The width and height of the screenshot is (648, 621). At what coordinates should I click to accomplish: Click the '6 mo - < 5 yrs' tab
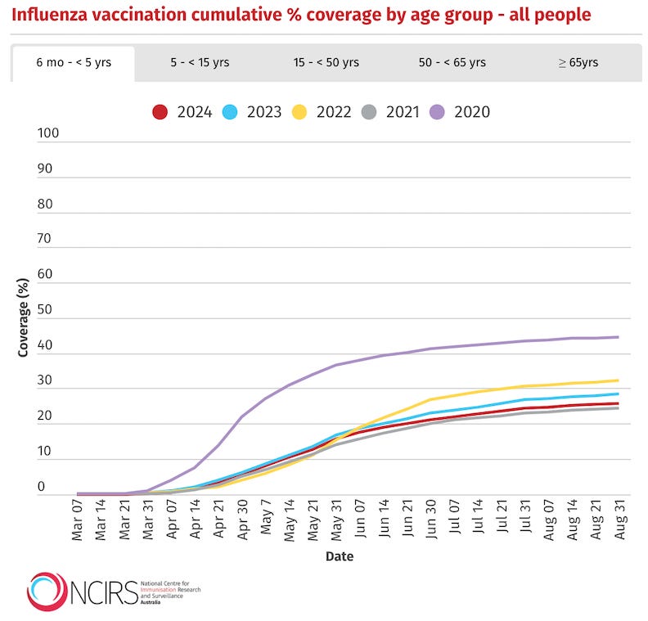pos(73,63)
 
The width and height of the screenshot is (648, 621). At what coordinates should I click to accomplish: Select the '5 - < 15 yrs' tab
pos(200,63)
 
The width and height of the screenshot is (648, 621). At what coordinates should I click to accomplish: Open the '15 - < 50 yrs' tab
pos(326,63)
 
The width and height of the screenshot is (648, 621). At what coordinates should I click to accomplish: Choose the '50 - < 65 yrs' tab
pos(452,63)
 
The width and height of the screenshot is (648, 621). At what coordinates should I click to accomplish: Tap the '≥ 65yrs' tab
pos(578,63)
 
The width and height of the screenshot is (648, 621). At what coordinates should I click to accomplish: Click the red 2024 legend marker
pos(161,112)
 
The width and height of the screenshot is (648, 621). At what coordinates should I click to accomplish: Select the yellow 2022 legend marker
pos(300,112)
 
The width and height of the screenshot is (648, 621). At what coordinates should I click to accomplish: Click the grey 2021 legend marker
pos(370,112)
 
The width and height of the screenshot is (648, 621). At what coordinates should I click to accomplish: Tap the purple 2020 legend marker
pos(439,112)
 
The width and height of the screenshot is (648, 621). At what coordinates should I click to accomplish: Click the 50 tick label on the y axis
pos(45,310)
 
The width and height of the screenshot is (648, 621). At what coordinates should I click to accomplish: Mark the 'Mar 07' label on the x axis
pos(79,521)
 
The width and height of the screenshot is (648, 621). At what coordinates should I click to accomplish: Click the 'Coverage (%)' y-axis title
pos(24,317)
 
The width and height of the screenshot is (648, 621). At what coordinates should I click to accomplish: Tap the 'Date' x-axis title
pos(340,556)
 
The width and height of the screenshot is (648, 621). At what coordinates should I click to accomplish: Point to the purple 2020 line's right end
pos(618,337)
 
